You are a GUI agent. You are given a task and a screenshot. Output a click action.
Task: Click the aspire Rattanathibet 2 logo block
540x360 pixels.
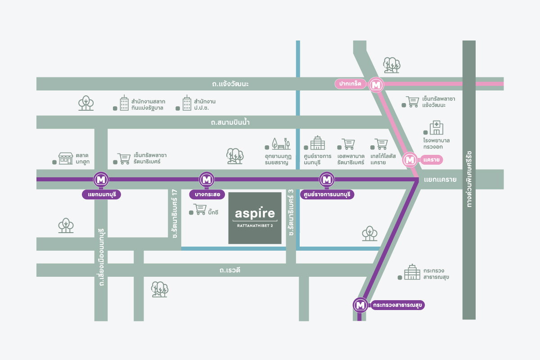[255, 218]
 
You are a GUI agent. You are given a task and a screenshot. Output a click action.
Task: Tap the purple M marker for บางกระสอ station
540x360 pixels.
[207, 180]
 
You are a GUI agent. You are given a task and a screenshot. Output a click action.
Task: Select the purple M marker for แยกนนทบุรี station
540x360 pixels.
[101, 180]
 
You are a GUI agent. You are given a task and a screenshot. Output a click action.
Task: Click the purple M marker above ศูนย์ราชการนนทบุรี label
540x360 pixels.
[327, 180]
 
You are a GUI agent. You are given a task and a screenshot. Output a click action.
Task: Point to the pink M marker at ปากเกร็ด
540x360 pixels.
[376, 85]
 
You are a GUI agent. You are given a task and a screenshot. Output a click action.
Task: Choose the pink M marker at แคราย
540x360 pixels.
[410, 160]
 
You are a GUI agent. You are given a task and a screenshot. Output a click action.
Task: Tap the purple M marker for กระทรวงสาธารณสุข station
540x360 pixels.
[360, 305]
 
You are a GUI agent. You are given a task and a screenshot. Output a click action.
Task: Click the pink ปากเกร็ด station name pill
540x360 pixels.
[350, 84]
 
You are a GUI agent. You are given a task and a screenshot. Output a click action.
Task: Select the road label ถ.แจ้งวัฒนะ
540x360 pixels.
[230, 84]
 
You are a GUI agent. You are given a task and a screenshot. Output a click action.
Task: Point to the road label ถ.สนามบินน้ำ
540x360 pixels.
[230, 122]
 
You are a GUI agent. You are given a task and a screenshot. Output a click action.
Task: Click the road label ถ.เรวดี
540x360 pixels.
[230, 270]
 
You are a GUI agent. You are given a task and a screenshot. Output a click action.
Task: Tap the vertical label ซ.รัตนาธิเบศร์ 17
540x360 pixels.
[175, 214]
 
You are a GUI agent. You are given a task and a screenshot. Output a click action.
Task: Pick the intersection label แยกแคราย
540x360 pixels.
[440, 180]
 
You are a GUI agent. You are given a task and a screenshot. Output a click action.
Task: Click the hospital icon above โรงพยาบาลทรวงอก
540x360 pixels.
[436, 127]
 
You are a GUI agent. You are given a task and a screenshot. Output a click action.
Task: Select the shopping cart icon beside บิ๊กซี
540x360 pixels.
[200, 209]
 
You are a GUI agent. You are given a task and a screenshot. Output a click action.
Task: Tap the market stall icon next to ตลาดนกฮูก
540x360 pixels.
[66, 158]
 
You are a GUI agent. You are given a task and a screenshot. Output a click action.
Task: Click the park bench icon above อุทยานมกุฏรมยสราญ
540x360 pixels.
[281, 144]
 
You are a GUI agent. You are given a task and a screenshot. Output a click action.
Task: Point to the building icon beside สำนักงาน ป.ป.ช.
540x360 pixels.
[187, 103]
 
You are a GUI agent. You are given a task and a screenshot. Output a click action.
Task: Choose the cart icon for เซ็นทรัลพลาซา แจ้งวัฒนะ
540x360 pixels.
[413, 102]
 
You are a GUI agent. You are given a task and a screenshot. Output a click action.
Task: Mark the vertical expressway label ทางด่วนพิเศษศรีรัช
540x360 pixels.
[469, 180]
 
